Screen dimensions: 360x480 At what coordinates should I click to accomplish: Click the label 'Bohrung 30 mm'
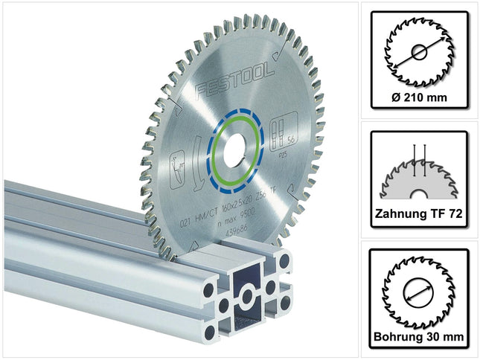click(417, 335)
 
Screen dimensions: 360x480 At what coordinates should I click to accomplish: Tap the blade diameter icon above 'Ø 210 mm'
click(417, 51)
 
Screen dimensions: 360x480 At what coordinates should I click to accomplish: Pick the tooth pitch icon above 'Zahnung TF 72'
click(417, 171)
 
